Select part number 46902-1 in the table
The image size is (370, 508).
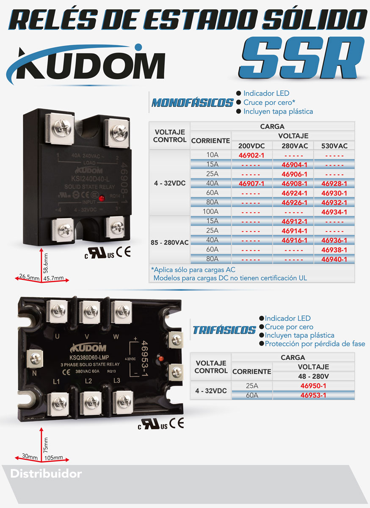pyautogui.click(x=251, y=155)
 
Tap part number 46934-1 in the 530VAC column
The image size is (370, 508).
pyautogui.click(x=334, y=212)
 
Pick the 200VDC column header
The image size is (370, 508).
pyautogui.click(x=251, y=146)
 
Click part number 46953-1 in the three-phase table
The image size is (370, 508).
pyautogui.click(x=313, y=395)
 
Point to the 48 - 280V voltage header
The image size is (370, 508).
pyautogui.click(x=313, y=376)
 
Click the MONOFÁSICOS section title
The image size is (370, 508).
pyautogui.click(x=193, y=103)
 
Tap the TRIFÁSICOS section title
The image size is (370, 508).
pyautogui.click(x=224, y=330)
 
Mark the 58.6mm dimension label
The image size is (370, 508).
pyautogui.click(x=46, y=262)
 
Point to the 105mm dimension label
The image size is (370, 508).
pyautogui.click(x=53, y=458)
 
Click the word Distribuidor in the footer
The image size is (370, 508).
pyautogui.click(x=46, y=474)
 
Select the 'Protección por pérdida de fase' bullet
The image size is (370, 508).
pyautogui.click(x=315, y=344)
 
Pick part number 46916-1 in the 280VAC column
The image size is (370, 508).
pyautogui.click(x=294, y=240)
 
